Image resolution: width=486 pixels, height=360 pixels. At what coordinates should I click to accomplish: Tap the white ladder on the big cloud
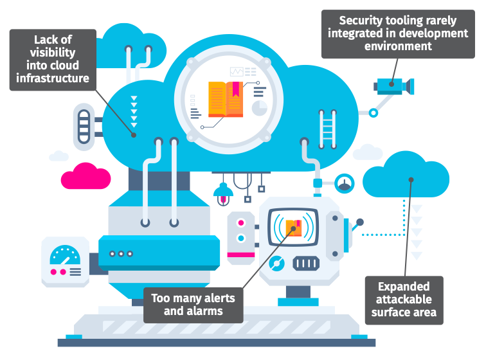[x=327, y=129]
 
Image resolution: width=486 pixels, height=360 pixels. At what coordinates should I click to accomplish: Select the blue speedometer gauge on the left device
[x=64, y=255]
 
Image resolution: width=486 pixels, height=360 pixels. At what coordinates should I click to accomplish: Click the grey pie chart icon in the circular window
[x=259, y=108]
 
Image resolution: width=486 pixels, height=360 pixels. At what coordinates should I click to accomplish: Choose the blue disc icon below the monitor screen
[x=278, y=263]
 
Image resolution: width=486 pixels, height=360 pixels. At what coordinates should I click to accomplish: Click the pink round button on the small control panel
[x=241, y=223]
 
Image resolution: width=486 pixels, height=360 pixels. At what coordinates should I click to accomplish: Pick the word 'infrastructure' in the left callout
[x=51, y=79]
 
